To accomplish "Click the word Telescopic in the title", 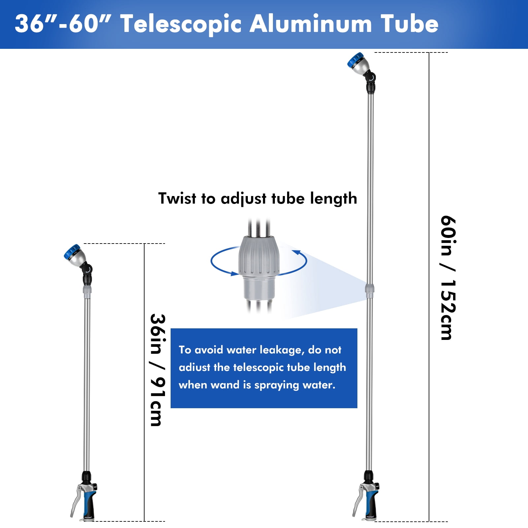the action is point(181,24).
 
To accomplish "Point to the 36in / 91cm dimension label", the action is point(158,370).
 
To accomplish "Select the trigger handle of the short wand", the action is point(84,498).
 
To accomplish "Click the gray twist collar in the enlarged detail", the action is point(259,256).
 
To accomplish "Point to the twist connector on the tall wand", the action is point(370,289).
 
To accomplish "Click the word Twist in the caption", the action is point(177,198).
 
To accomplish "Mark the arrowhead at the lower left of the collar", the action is point(235,274).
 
